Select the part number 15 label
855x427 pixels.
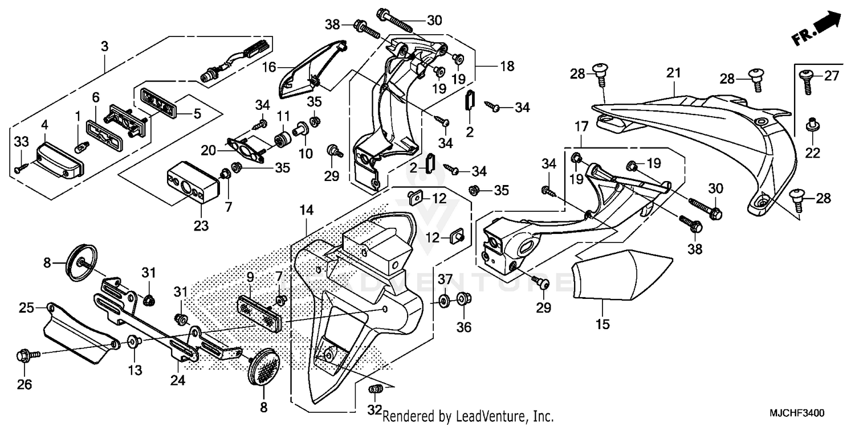602,325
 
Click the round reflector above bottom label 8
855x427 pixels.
263,369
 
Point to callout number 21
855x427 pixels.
674,72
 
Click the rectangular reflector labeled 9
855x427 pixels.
260,311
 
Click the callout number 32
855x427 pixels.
374,410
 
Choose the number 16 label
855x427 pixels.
269,67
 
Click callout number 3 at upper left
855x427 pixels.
104,47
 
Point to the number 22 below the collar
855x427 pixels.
812,153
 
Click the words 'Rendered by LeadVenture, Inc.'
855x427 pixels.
467,417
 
